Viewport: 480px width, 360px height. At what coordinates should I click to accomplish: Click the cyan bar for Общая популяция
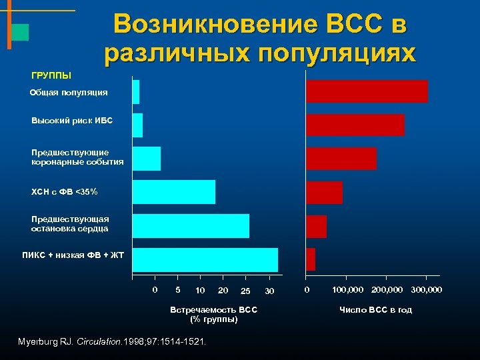pos(136,92)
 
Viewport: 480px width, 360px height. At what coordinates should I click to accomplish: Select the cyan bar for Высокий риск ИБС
pos(137,125)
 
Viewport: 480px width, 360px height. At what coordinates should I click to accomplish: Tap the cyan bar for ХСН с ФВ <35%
pos(174,192)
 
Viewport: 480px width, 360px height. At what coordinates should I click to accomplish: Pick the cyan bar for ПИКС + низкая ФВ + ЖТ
pos(205,260)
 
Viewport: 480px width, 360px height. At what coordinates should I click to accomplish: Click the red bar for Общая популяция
pos(366,91)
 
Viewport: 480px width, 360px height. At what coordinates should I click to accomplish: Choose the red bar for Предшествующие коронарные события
pos(341,159)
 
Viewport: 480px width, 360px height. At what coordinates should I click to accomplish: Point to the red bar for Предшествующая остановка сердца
pos(316,227)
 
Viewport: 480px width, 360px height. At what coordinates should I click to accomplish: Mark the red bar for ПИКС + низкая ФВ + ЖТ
pos(310,259)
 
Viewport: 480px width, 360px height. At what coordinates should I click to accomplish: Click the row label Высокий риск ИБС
pos(72,121)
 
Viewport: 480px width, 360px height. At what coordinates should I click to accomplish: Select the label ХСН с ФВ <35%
pos(65,192)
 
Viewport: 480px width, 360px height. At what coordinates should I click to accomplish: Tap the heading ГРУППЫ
pos(51,75)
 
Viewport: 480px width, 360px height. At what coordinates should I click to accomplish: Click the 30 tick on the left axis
pos(269,291)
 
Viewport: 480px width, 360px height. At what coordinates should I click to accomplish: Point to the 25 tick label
pos(245,291)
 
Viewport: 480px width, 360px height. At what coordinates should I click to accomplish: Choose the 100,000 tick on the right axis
pos(348,290)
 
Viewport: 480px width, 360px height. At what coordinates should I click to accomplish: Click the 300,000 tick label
pos(426,290)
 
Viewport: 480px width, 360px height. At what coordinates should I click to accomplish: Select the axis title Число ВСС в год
pos(375,310)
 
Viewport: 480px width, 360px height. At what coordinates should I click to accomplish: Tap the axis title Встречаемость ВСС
pos(214,310)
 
